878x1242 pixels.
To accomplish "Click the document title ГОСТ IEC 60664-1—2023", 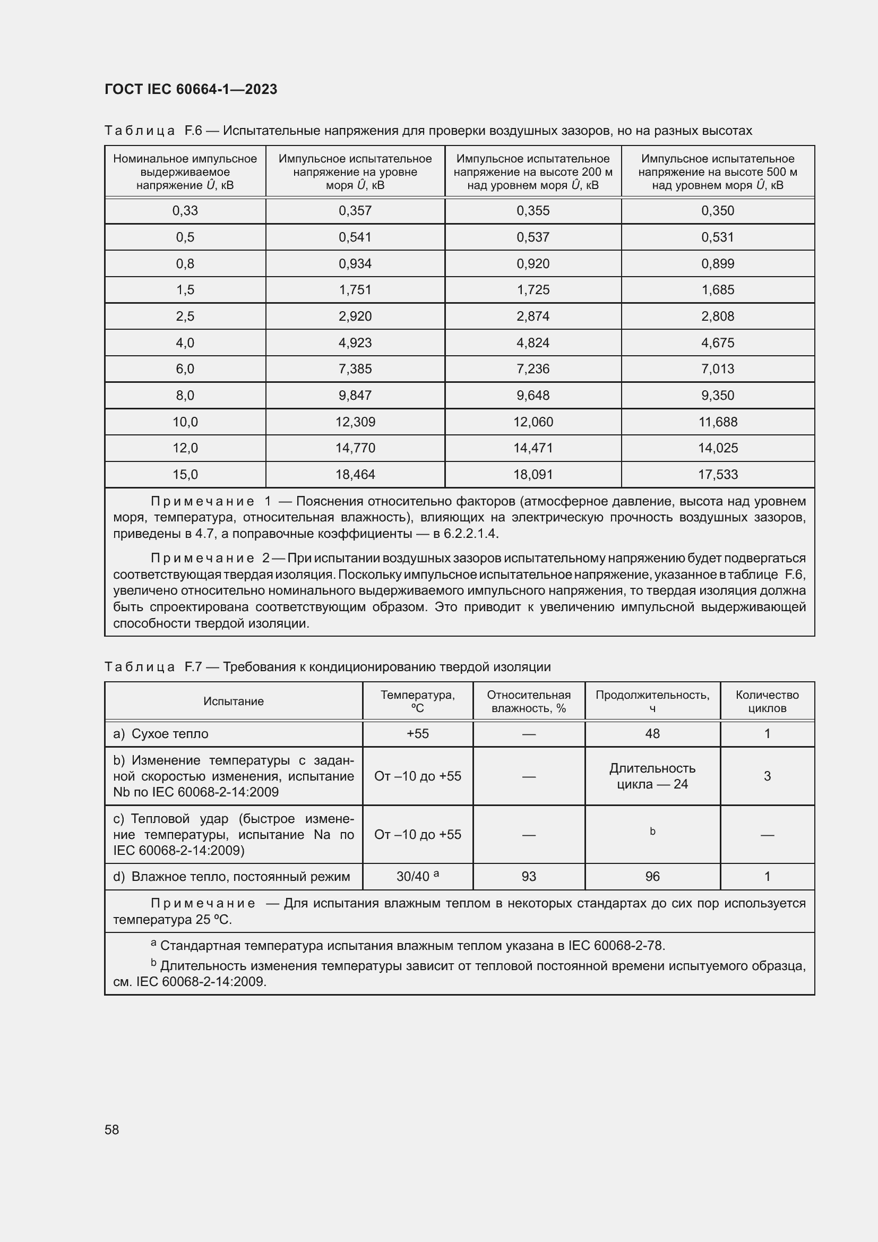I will click(191, 89).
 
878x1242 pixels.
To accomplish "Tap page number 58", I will click(112, 1129).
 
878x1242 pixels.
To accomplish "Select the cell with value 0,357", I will click(355, 210).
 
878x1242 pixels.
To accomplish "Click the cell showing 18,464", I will click(355, 474).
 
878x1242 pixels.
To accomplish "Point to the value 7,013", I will click(718, 369).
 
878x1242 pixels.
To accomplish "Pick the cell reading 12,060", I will click(533, 422).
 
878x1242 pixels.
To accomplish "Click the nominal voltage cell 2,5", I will click(185, 316).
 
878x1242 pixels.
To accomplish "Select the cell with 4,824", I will click(533, 342).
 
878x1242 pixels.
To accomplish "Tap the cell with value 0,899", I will click(718, 263).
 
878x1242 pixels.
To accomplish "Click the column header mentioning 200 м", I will click(533, 172).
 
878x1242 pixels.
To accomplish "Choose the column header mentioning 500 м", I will click(718, 172).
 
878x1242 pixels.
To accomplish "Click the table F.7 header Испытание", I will click(234, 701).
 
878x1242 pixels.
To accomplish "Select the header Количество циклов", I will click(767, 701).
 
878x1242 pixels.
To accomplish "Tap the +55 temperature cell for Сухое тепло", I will click(417, 733).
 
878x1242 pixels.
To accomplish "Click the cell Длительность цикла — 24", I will click(652, 776).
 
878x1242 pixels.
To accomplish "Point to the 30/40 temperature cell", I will click(417, 876).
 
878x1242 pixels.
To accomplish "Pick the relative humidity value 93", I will click(529, 876).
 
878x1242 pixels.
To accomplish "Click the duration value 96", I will click(652, 876).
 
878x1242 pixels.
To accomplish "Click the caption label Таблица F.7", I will click(153, 666).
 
